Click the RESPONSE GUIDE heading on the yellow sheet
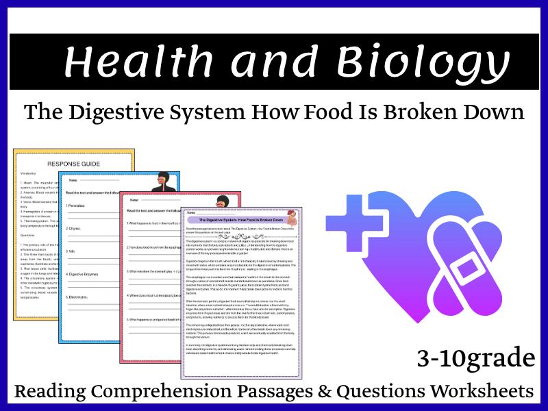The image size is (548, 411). pos(73,164)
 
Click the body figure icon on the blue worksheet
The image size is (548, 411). pos(164,182)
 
